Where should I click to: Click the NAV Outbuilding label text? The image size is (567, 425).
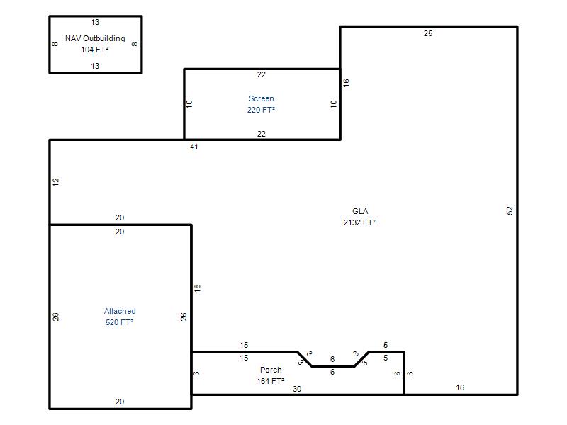pyautogui.click(x=95, y=39)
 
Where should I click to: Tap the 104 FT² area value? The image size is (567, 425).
pyautogui.click(x=95, y=50)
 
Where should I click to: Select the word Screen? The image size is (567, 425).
pyautogui.click(x=261, y=98)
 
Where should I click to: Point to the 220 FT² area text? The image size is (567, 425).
pyautogui.click(x=261, y=110)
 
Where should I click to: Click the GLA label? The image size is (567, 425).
pyautogui.click(x=360, y=211)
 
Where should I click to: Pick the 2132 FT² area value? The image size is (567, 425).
pyautogui.click(x=359, y=222)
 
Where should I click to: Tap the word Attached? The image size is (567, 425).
pyautogui.click(x=120, y=311)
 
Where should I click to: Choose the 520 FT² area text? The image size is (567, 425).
pyautogui.click(x=119, y=322)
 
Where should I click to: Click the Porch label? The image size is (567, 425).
pyautogui.click(x=271, y=370)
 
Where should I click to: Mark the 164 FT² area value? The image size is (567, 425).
pyautogui.click(x=271, y=381)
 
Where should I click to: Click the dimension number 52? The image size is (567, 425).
pyautogui.click(x=510, y=210)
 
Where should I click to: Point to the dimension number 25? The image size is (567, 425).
pyautogui.click(x=428, y=33)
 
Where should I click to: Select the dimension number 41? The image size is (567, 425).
pyautogui.click(x=193, y=147)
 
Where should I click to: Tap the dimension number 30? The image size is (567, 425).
pyautogui.click(x=297, y=389)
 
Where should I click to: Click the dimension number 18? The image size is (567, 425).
pyautogui.click(x=197, y=288)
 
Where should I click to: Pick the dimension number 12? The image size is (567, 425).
pyautogui.click(x=56, y=182)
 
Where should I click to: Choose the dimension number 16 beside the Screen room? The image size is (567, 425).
pyautogui.click(x=346, y=83)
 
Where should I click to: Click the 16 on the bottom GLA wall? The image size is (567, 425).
pyautogui.click(x=460, y=387)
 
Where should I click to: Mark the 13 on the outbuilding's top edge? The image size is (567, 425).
pyautogui.click(x=95, y=22)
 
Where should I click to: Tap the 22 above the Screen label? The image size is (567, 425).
pyautogui.click(x=261, y=74)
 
